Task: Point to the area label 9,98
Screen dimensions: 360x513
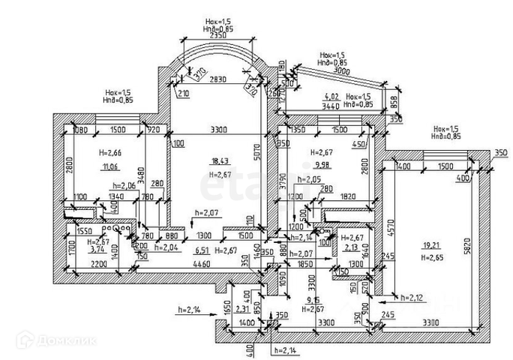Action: [322, 165]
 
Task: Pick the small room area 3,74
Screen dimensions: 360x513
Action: [97, 250]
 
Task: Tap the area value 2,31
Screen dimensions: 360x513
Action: [241, 308]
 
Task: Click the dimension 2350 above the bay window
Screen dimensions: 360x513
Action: [219, 34]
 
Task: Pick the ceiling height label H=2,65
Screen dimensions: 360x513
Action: [433, 257]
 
